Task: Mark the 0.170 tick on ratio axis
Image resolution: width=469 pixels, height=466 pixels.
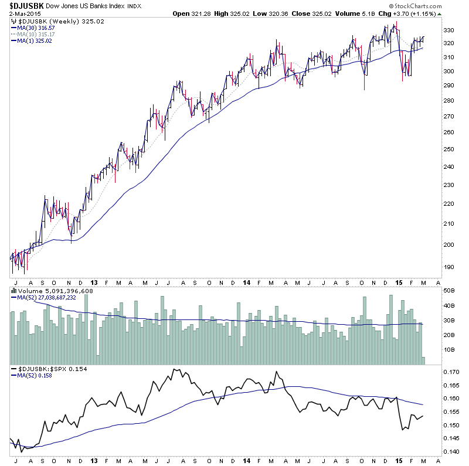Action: click(x=451, y=372)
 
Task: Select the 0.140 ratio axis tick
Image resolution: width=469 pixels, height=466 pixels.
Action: click(x=451, y=452)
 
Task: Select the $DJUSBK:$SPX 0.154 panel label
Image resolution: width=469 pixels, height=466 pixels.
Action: click(x=47, y=368)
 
